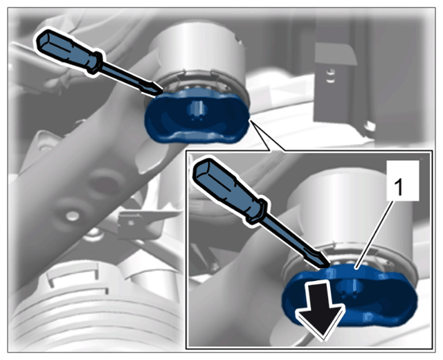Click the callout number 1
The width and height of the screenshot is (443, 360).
point(398,188)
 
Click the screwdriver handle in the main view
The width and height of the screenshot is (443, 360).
point(67,53)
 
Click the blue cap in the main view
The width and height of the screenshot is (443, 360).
point(197,116)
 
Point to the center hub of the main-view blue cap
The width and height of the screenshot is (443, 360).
point(197,109)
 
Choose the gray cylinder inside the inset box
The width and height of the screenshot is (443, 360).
point(350,215)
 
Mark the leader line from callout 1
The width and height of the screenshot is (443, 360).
point(374,233)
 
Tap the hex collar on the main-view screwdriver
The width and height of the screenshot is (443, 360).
point(96,62)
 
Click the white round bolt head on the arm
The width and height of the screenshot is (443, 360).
point(73,215)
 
